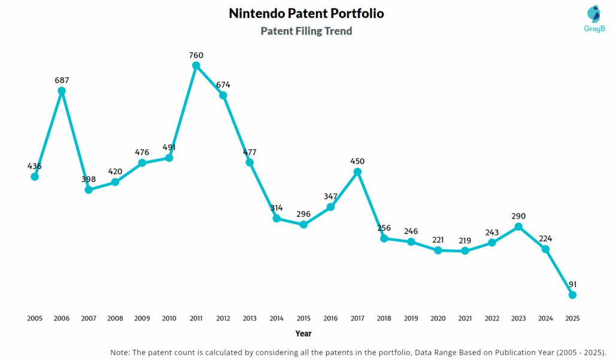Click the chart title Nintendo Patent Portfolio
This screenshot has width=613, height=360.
coord(306,13)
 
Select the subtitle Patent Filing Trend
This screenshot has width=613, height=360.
coord(306,31)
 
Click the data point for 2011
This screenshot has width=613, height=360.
coord(196,66)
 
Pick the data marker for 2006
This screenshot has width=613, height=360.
coord(62,91)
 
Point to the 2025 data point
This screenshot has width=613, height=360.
coord(572,295)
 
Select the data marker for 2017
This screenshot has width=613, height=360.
coord(357,172)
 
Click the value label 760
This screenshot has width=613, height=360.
coord(196,56)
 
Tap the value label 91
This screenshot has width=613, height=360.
coord(572,284)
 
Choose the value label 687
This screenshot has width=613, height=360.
coord(62,80)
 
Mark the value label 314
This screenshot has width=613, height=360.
coord(277,207)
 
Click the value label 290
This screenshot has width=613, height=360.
coord(518,216)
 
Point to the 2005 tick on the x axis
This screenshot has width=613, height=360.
coord(35,318)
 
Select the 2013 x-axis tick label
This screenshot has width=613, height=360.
coord(250,318)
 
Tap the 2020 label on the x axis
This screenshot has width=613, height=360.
coord(438,318)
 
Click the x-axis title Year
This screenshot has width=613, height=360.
coord(304,333)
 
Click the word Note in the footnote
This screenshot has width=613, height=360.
coord(122,352)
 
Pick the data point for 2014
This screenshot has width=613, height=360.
coord(277,219)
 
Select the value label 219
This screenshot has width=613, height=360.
coord(465,240)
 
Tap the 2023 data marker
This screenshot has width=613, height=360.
coord(518,226)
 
